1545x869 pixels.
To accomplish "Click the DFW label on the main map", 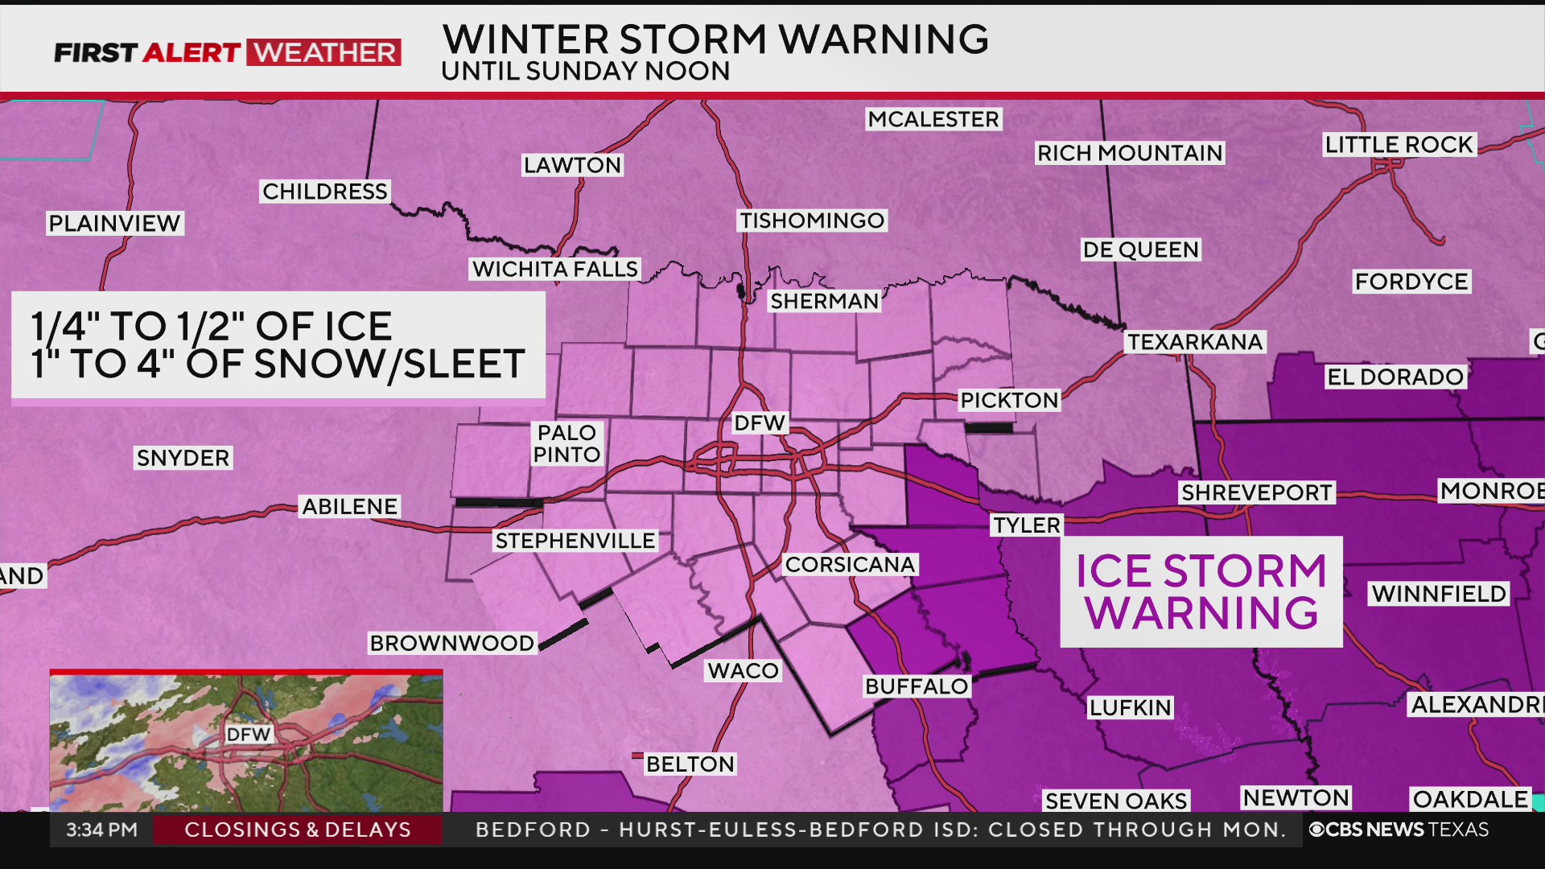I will (759, 423).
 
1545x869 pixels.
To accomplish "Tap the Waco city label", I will (743, 671).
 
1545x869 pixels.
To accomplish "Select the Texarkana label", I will (1195, 342).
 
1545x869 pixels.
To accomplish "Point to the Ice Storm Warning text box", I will (1201, 592).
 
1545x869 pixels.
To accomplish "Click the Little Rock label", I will (1399, 145).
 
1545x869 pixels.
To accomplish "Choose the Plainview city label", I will (114, 224).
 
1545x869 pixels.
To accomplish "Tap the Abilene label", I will (349, 507).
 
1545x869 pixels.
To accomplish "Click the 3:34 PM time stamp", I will (101, 830).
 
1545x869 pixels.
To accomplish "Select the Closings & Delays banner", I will (298, 830).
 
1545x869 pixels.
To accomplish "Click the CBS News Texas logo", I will (1399, 830).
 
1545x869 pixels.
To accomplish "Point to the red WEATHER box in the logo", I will (323, 53).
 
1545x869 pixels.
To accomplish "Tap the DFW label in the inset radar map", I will (248, 735).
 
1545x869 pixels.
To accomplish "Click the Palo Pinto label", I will (566, 444).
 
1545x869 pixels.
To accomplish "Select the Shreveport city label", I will (1256, 493).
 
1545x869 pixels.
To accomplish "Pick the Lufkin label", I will (1130, 708).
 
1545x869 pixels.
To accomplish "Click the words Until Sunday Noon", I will (585, 72).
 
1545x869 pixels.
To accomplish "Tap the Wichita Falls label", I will (554, 270).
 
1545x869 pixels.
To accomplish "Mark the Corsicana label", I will (850, 565).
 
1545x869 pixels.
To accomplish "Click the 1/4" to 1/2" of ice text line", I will (211, 327).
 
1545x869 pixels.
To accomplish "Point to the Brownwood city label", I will (451, 644).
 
